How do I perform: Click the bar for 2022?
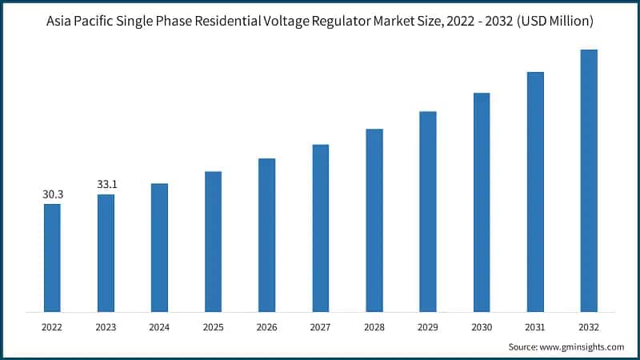click(x=52, y=257)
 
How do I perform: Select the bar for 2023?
click(x=106, y=252)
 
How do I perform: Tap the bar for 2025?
click(x=213, y=241)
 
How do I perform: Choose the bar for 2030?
click(x=482, y=202)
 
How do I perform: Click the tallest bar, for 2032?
click(x=589, y=180)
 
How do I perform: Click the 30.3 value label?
click(x=52, y=194)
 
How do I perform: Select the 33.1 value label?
click(x=106, y=184)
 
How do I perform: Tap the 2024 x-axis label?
click(x=159, y=326)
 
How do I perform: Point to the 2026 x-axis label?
click(x=266, y=326)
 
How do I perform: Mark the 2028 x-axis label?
click(x=374, y=326)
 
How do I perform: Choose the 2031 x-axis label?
click(x=535, y=326)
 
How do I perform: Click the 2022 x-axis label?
click(x=52, y=326)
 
